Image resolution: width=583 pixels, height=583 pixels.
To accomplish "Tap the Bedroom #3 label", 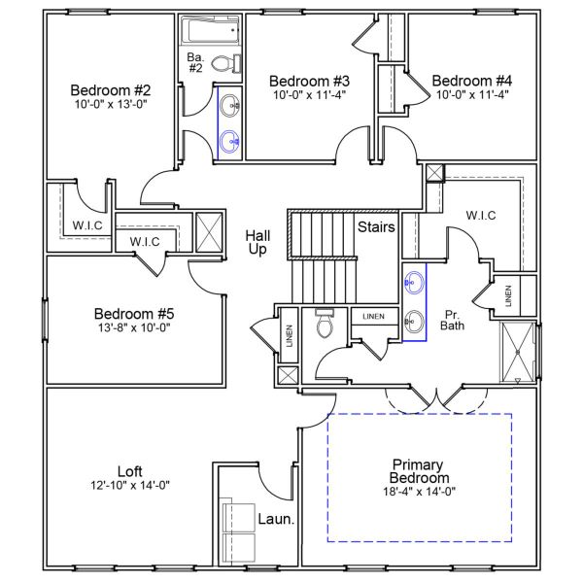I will tap(309, 81).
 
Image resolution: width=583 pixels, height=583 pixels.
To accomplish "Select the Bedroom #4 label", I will tap(471, 81).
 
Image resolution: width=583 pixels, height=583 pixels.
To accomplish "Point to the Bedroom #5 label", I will tap(133, 314).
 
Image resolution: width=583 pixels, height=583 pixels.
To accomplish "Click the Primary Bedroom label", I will tap(419, 471).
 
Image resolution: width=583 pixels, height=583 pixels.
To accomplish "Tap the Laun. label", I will tap(276, 519).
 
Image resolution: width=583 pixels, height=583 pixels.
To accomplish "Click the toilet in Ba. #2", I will tap(223, 65).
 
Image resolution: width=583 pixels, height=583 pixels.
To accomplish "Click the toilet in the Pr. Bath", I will tap(325, 325).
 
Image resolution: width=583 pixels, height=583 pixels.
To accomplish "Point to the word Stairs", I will tap(376, 228).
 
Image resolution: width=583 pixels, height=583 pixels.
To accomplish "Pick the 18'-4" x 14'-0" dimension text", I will tap(419, 492).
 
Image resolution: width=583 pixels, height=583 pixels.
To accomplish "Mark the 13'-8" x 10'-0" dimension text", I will tap(133, 329).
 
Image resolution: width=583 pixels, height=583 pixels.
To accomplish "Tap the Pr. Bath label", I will tap(452, 320).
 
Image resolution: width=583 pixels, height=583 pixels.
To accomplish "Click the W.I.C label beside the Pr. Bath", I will tap(482, 215).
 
